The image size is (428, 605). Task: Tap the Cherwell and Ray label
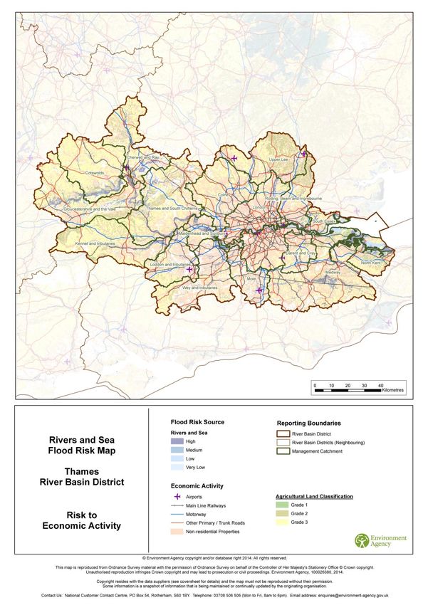[142, 157]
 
